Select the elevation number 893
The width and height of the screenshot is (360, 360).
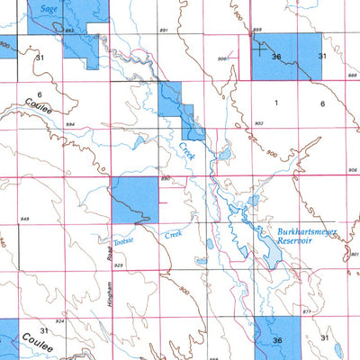pos(69,31)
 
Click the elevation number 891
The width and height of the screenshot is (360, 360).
pos(163,31)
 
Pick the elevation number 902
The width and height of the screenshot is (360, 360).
pos(259,123)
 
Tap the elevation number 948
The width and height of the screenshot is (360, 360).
pos(24,219)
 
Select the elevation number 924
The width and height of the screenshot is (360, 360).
pos(59,320)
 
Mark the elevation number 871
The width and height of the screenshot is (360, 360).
pos(308,310)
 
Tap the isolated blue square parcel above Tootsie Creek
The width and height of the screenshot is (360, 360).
pos(134,200)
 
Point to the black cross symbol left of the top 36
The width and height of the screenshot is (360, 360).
pos(261,49)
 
